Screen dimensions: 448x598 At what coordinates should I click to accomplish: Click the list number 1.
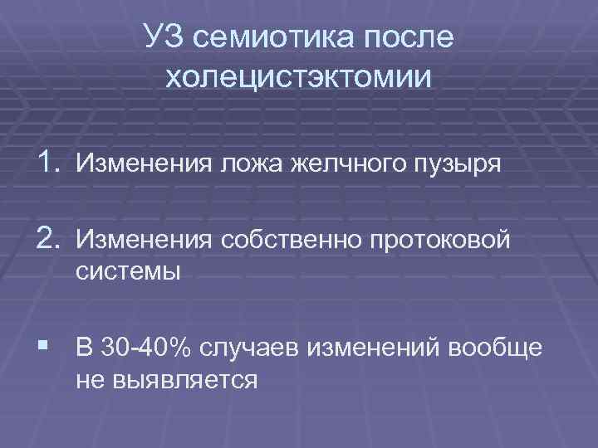(x=46, y=163)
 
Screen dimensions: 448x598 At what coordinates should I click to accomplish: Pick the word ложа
(x=252, y=164)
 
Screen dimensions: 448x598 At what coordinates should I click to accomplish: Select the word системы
(x=128, y=270)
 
